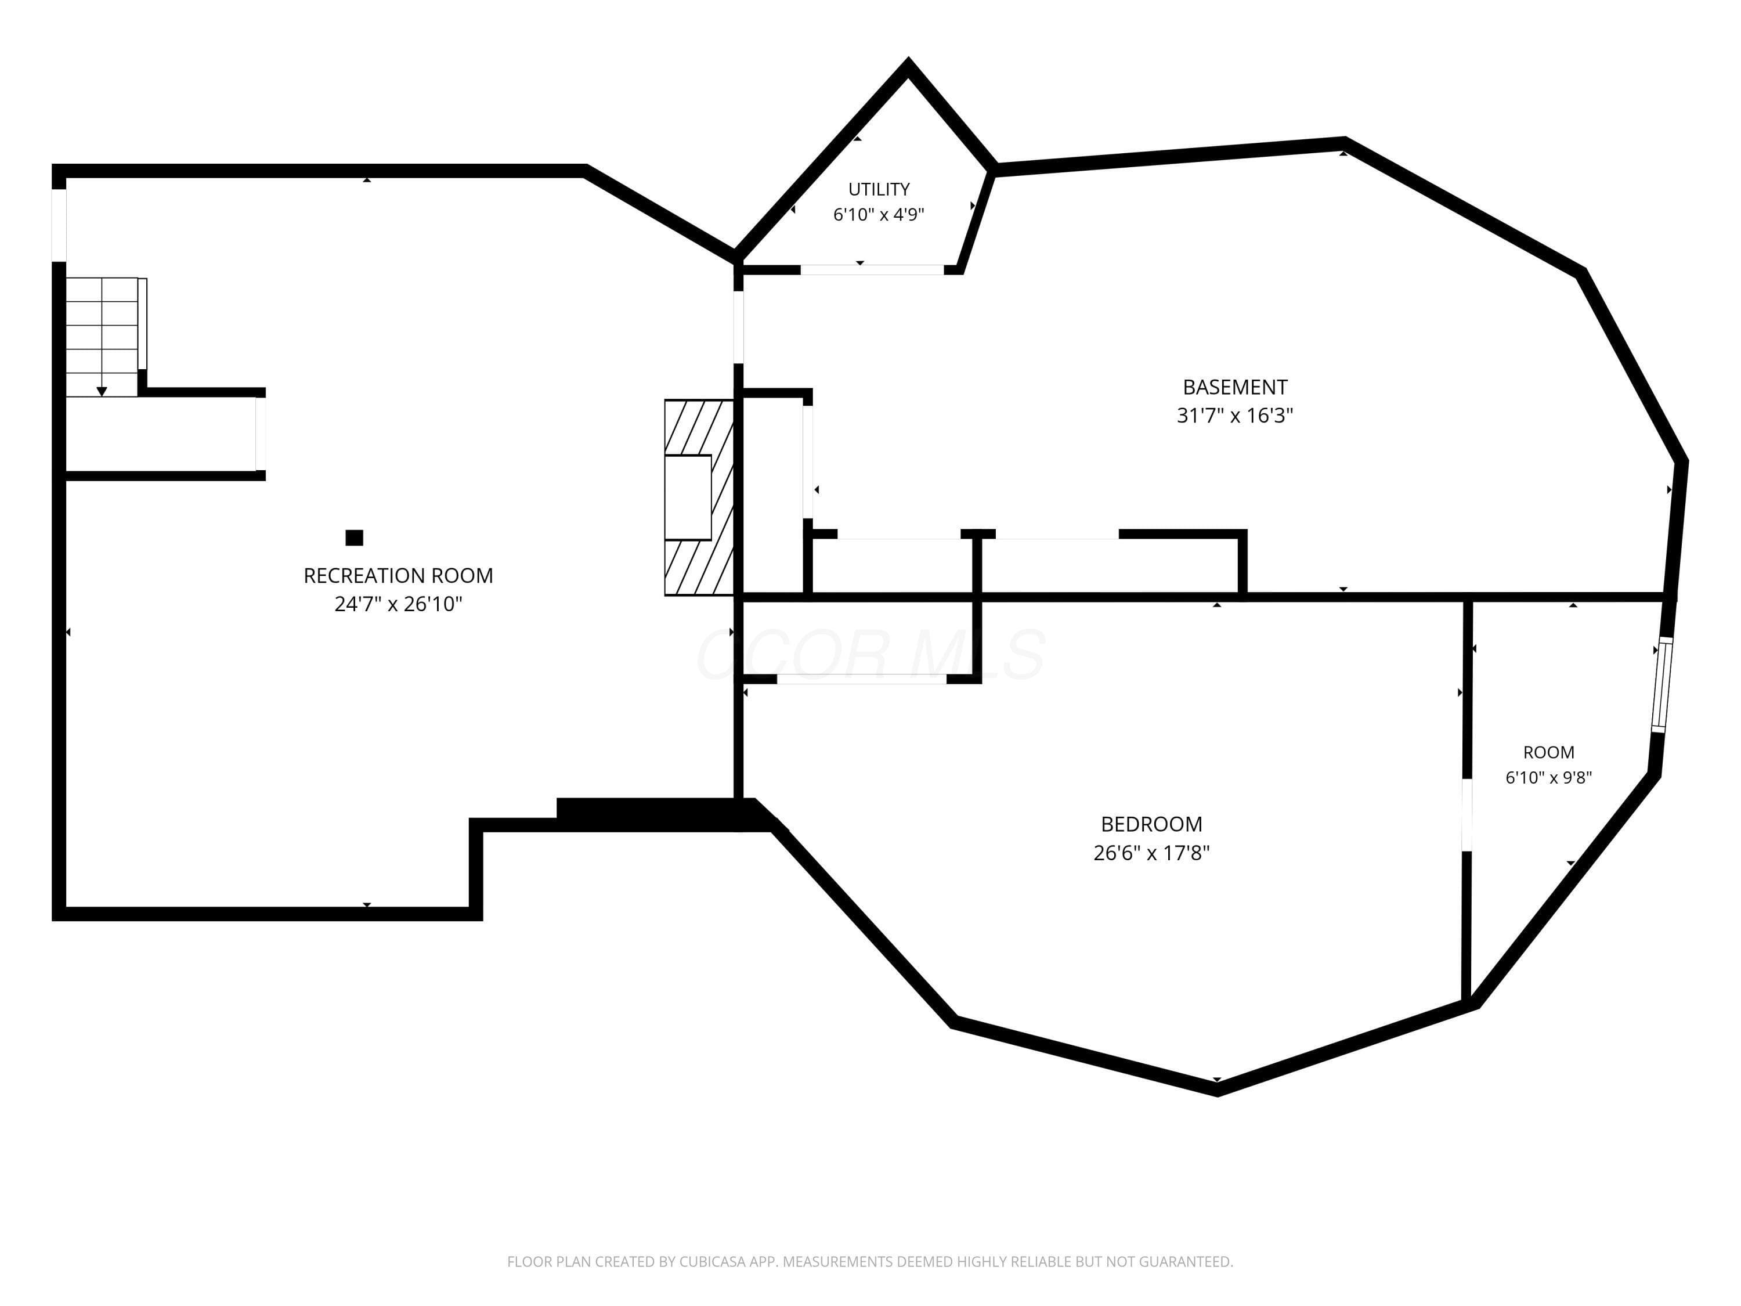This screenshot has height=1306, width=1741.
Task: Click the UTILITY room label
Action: click(x=879, y=189)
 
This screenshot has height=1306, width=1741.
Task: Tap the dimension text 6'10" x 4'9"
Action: click(x=879, y=214)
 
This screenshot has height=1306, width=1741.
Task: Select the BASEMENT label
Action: click(x=1235, y=387)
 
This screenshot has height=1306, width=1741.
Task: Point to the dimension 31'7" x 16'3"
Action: click(x=1235, y=416)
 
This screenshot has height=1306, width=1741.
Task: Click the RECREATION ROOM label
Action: click(x=398, y=575)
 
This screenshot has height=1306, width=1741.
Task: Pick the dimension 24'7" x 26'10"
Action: click(x=398, y=604)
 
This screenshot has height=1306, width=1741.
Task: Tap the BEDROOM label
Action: click(x=1151, y=824)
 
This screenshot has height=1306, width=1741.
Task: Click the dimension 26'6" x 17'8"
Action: click(x=1151, y=853)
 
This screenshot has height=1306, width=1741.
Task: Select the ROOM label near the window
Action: click(x=1549, y=752)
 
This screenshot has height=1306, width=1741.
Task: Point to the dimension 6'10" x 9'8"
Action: click(x=1549, y=778)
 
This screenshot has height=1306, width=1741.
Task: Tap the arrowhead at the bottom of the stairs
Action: click(x=102, y=391)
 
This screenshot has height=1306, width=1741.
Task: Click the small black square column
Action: click(x=354, y=537)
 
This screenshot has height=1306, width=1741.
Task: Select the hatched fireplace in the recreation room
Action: click(x=699, y=497)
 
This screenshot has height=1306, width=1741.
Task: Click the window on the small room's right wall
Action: click(x=1661, y=685)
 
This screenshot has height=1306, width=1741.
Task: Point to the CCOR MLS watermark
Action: click(x=871, y=654)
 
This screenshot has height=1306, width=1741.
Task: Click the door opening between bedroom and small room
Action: click(x=1467, y=815)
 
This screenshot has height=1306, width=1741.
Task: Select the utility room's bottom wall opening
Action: click(x=872, y=269)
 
